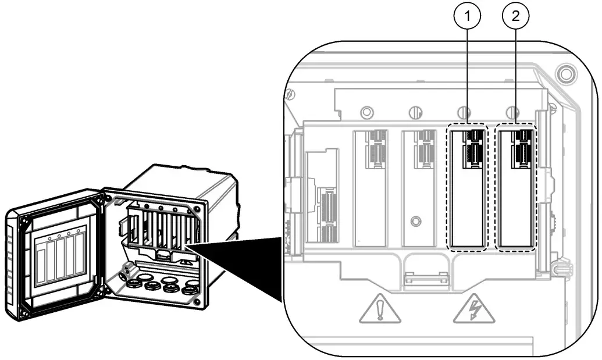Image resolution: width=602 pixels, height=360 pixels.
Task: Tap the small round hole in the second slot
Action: (x=415, y=221)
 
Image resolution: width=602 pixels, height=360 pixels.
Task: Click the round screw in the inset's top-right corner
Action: (x=564, y=74)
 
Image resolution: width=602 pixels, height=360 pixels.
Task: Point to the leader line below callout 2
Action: (x=516, y=76)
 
